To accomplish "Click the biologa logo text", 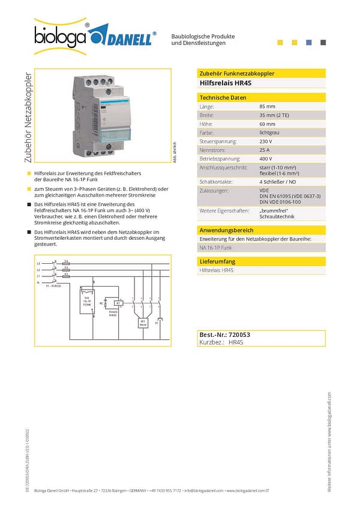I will [x=61, y=38].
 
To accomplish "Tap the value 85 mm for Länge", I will [x=267, y=106].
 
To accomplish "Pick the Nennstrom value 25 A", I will [x=265, y=150].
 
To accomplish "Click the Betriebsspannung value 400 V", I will [x=266, y=159].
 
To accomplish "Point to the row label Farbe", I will [x=206, y=132].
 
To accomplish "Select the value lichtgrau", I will [x=269, y=132].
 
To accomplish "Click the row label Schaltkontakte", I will [x=215, y=181].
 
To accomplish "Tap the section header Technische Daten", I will [x=223, y=97].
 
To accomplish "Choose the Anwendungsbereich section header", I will [x=227, y=230].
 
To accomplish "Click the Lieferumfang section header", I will [x=217, y=262].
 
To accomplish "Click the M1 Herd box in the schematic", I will [x=143, y=323].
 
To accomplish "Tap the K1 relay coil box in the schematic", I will [x=119, y=303].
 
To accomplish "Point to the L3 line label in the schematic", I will [x=39, y=263].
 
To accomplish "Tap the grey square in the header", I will [x=323, y=42].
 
